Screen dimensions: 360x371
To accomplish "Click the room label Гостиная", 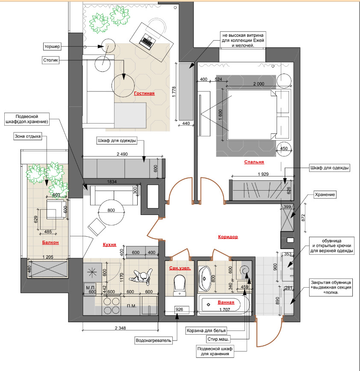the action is (144, 93).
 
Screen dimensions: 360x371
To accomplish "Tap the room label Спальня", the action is (254, 162).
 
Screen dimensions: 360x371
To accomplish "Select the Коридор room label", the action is (228, 237).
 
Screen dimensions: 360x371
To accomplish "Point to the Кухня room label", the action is (109, 244).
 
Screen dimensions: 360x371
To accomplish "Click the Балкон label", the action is (50, 242).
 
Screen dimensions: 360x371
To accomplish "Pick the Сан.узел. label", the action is (180, 268).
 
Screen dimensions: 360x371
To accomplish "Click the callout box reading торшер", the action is (52, 46).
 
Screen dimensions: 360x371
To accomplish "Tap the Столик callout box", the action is (50, 60).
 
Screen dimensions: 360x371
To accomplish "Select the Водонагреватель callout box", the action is (153, 341).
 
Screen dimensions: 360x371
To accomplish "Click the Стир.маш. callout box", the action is (218, 339).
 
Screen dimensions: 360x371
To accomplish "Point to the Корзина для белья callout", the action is (206, 330).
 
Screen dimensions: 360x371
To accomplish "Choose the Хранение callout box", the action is (325, 194).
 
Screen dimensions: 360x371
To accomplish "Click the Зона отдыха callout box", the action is (28, 136).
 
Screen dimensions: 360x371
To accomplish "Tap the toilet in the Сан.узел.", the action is (180, 285).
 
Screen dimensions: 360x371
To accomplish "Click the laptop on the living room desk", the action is (147, 41).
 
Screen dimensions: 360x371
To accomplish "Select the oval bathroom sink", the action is (204, 279).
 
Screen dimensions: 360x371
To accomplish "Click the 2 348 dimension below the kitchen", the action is (120, 328).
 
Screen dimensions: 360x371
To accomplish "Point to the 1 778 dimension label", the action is (174, 92).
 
